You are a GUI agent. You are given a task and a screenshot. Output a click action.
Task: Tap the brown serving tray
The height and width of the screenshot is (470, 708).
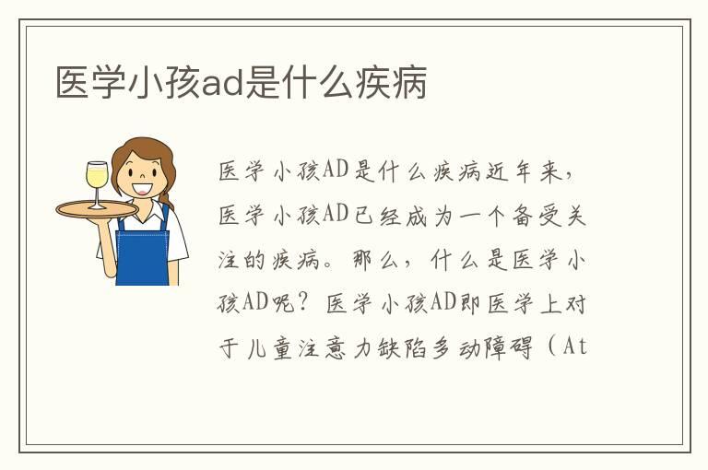(x=96, y=208)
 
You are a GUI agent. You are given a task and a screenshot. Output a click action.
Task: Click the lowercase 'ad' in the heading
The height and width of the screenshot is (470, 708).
(x=221, y=83)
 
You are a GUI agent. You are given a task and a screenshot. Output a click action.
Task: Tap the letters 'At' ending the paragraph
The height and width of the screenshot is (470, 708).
(x=573, y=348)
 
